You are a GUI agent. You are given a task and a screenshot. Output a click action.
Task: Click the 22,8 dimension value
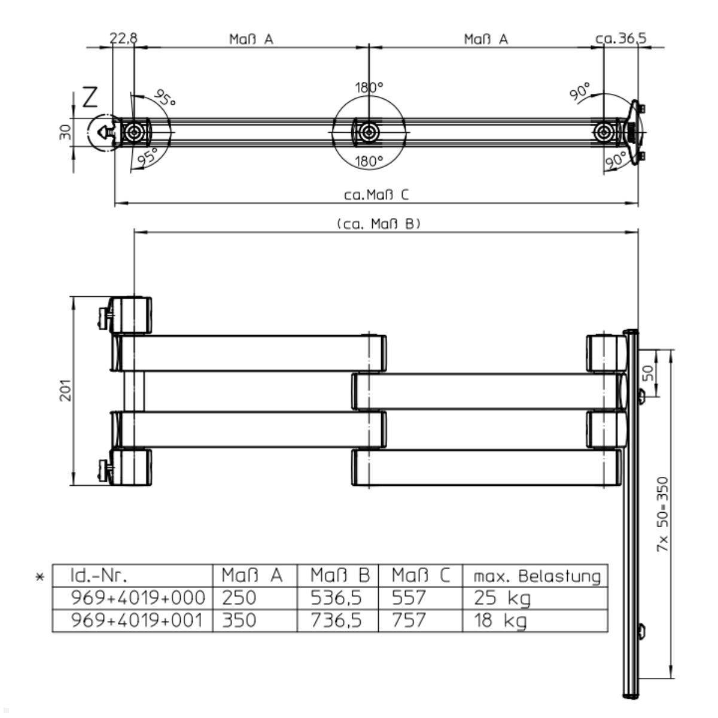[x=124, y=38]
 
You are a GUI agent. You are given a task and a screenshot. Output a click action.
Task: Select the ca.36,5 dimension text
[x=621, y=38]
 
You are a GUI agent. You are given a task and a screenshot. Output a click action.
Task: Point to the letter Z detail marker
[x=90, y=97]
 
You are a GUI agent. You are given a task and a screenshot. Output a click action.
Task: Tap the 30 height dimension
[x=65, y=132]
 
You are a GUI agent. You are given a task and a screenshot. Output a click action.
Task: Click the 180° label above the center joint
[x=369, y=87]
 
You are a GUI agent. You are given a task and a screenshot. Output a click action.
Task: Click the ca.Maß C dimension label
[x=376, y=194]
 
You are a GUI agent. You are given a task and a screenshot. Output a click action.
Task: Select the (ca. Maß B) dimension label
[x=379, y=224]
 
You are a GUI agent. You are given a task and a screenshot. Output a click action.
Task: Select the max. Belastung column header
[x=537, y=576]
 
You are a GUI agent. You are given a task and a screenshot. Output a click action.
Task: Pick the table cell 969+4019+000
[x=138, y=598]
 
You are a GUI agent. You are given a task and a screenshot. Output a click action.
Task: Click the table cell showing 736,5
[x=336, y=620]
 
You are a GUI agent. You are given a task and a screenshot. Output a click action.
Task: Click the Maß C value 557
[x=409, y=598]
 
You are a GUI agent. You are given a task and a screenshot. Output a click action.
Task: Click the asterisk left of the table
[x=40, y=577]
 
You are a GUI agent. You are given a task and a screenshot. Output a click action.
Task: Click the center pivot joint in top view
[x=369, y=132]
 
